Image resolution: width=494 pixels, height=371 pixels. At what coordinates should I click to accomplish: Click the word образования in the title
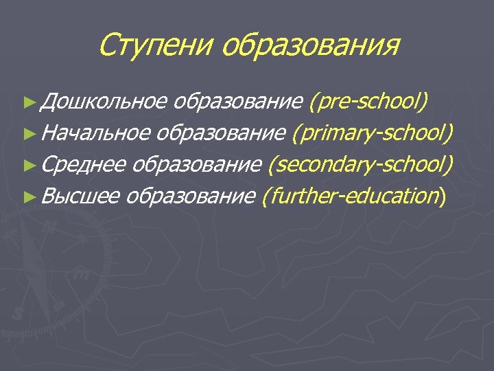click(x=310, y=47)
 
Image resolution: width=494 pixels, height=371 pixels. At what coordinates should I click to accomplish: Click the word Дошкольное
click(x=103, y=102)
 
